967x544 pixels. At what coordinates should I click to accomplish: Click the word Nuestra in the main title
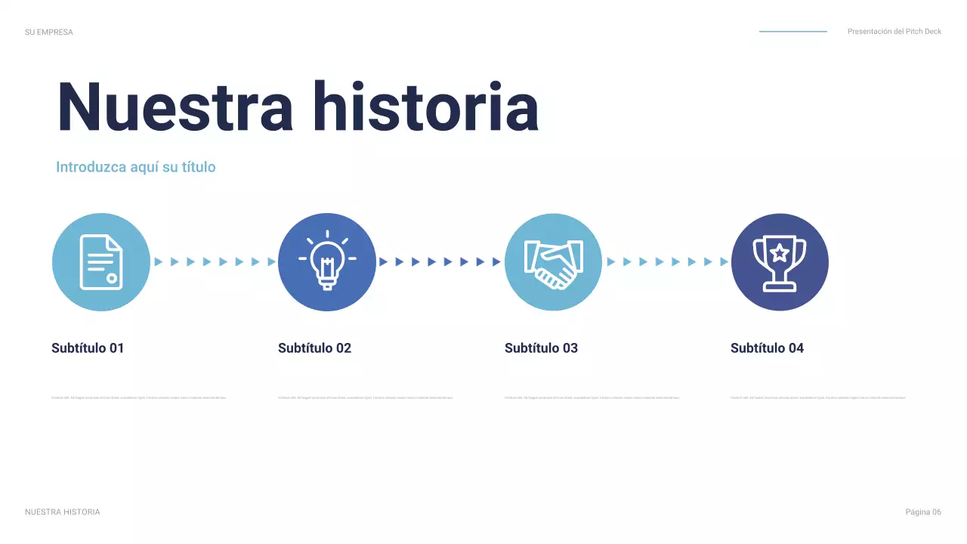click(175, 107)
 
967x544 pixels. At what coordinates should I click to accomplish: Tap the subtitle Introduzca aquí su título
click(136, 167)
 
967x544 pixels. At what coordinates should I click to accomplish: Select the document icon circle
click(100, 262)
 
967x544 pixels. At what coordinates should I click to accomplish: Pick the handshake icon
click(553, 262)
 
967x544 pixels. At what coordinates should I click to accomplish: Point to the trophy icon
click(780, 262)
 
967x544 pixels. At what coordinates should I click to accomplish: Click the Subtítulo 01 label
click(88, 348)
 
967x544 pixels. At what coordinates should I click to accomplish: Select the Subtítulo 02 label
click(314, 348)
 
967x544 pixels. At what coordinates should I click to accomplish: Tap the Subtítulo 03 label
click(541, 348)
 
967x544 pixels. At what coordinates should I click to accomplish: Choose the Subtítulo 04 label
click(767, 348)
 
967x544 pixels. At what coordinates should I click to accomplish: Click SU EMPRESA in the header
click(49, 32)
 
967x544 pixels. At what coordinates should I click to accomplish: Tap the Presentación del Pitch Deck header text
click(894, 32)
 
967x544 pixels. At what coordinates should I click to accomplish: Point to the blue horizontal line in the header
click(792, 32)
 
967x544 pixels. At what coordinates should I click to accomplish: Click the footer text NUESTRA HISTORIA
click(62, 512)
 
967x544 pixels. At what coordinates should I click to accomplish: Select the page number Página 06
click(923, 512)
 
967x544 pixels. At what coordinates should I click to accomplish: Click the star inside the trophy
click(780, 252)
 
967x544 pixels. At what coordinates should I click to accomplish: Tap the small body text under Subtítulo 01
click(139, 397)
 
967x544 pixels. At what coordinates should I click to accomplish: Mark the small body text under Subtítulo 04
click(817, 397)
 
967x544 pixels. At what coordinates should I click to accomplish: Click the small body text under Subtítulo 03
click(592, 397)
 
